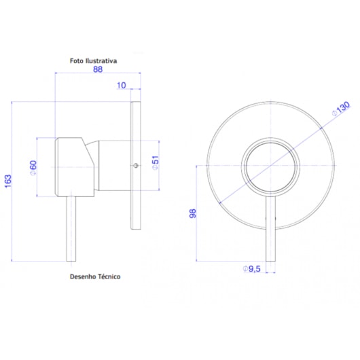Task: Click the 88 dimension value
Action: (x=98, y=69)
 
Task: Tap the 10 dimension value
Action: (x=122, y=85)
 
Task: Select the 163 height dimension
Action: (x=8, y=181)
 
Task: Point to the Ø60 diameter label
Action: (x=33, y=168)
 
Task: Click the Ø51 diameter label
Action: (x=156, y=163)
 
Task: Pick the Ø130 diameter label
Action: (x=341, y=109)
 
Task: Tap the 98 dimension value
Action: (x=193, y=213)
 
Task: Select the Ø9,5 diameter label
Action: (x=251, y=268)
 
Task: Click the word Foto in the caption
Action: (x=77, y=61)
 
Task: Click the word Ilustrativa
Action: (x=101, y=61)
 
